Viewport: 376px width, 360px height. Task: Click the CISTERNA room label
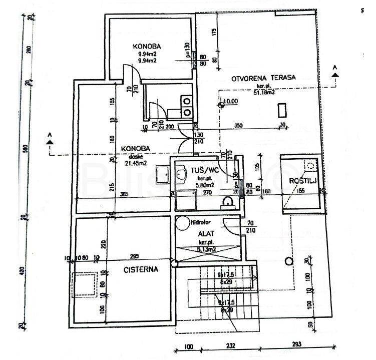coord(141,269)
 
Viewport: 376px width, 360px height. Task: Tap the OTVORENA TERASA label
coord(263,78)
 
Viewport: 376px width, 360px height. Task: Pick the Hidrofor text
coord(200,224)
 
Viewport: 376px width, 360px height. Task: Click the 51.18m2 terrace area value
coord(264,92)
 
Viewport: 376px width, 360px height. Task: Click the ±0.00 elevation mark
coord(230,102)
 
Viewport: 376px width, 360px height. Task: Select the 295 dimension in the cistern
coord(134,257)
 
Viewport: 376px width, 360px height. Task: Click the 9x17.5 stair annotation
coord(226,275)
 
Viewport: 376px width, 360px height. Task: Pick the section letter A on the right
coord(335,67)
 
